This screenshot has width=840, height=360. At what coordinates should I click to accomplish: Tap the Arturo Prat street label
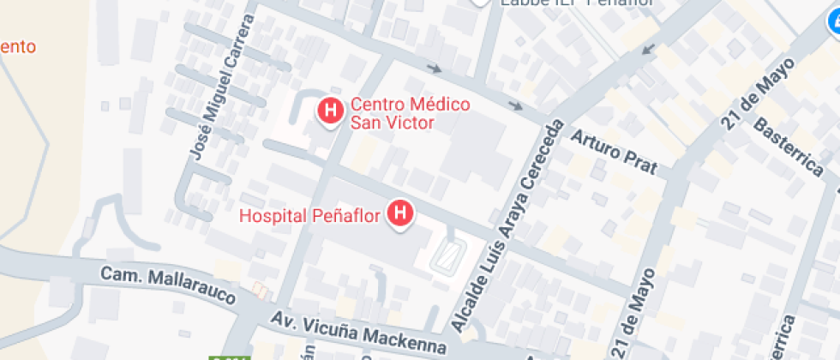tap(614, 153)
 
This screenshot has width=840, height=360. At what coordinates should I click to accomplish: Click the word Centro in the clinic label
tap(375, 105)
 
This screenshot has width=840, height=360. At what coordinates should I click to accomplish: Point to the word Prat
tap(640, 164)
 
